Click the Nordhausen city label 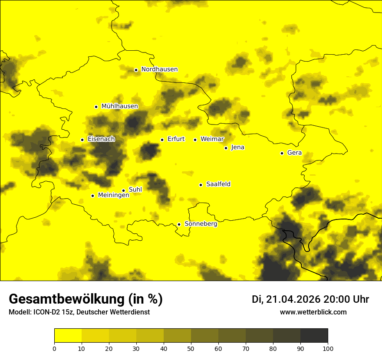tap(159, 69)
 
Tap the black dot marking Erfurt tap(162, 140)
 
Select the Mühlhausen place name tap(119, 106)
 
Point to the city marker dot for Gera tap(282, 153)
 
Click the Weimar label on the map tap(212, 139)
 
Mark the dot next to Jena tap(226, 148)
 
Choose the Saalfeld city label tap(218, 184)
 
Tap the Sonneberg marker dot tap(179, 224)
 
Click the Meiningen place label tap(113, 195)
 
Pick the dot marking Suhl tap(123, 190)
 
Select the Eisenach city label tap(101, 139)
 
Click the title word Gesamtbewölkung tap(66, 299)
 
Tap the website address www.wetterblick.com tap(313, 312)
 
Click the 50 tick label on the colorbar tap(191, 348)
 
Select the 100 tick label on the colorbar tap(328, 348)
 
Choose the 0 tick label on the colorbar tap(54, 348)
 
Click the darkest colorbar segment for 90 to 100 tap(314, 336)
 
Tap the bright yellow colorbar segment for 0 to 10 tap(68, 336)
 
